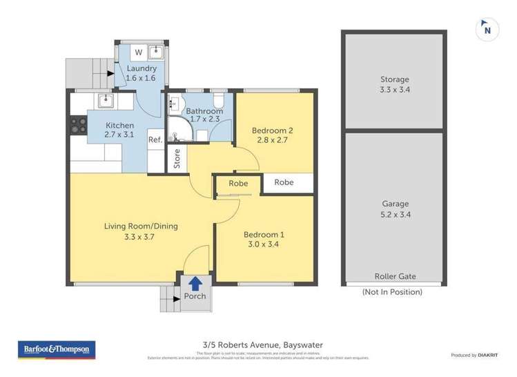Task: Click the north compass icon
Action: coord(487,29)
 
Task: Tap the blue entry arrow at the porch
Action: coord(195,282)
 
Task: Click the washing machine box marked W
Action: coord(138,52)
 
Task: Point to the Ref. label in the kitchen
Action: coord(155,140)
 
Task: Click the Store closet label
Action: coord(177,159)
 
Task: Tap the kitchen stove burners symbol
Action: coord(78,125)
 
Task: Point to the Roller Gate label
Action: coord(395,275)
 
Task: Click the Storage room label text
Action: coord(395,79)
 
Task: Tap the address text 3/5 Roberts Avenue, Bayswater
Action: coord(258,345)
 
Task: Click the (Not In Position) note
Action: coord(392,292)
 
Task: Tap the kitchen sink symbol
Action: coord(105,101)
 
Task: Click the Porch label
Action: coord(195,297)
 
